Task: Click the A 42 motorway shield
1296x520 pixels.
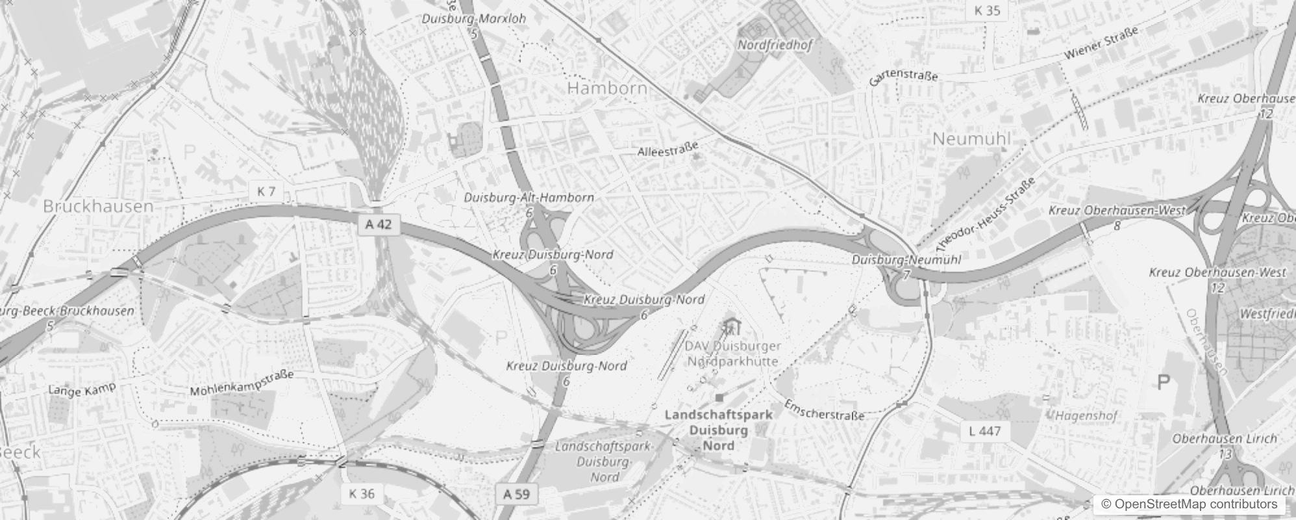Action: (379, 224)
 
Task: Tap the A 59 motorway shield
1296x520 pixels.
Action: (517, 494)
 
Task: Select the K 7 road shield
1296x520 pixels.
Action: (266, 191)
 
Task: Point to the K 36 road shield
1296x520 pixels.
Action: (362, 493)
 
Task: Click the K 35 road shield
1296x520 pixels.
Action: (987, 10)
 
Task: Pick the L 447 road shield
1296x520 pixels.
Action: (984, 431)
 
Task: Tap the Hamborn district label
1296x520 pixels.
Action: (607, 88)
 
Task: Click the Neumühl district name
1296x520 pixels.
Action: (971, 138)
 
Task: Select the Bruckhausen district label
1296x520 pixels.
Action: (98, 206)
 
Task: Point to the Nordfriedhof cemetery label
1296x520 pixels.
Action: (775, 45)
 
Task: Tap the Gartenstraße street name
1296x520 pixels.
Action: (904, 77)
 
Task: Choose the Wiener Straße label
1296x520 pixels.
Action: (1101, 44)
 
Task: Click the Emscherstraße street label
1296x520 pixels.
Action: (824, 409)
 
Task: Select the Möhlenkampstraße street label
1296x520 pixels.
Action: (242, 383)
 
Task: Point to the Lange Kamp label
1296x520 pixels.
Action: (82, 389)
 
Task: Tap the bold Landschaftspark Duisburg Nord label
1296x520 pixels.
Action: (719, 430)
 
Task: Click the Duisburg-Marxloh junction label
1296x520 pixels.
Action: (474, 19)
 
